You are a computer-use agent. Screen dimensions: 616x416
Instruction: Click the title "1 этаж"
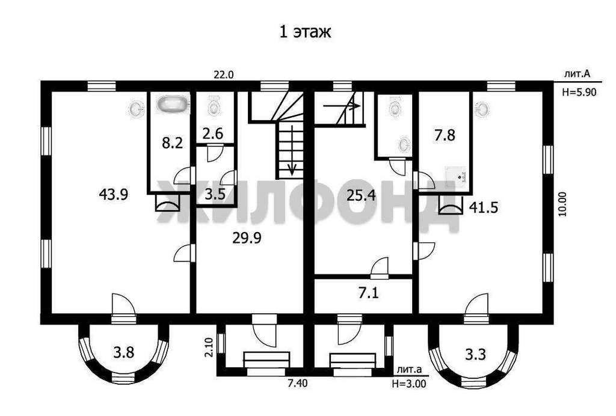pyautogui.click(x=305, y=32)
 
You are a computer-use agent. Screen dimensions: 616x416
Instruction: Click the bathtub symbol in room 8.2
pyautogui.click(x=173, y=105)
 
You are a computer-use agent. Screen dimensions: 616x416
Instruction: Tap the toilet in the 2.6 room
pyautogui.click(x=214, y=106)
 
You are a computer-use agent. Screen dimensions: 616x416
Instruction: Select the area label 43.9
pyautogui.click(x=114, y=194)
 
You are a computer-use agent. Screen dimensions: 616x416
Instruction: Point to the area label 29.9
pyautogui.click(x=247, y=238)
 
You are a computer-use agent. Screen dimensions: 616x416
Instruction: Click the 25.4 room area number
pyautogui.click(x=361, y=195)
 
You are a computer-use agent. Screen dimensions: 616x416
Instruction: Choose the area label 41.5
pyautogui.click(x=484, y=207)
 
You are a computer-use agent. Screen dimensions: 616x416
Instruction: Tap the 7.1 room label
pyautogui.click(x=369, y=293)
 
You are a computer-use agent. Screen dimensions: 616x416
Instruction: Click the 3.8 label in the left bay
pyautogui.click(x=124, y=352)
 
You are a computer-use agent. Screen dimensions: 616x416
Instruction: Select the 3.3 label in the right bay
pyautogui.click(x=475, y=355)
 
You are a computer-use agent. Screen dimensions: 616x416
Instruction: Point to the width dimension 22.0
pyautogui.click(x=224, y=75)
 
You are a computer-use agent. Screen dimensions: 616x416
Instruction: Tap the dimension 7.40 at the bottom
pyautogui.click(x=297, y=384)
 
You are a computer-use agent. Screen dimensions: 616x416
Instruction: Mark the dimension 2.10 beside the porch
pyautogui.click(x=209, y=347)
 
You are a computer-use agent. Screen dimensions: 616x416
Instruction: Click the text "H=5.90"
pyautogui.click(x=579, y=92)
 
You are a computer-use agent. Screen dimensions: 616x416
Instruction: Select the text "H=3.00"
pyautogui.click(x=408, y=384)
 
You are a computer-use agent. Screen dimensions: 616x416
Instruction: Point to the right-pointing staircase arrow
pyautogui.click(x=341, y=106)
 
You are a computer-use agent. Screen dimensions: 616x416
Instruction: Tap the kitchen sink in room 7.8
pyautogui.click(x=456, y=175)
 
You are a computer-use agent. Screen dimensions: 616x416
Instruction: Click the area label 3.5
pyautogui.click(x=215, y=194)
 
